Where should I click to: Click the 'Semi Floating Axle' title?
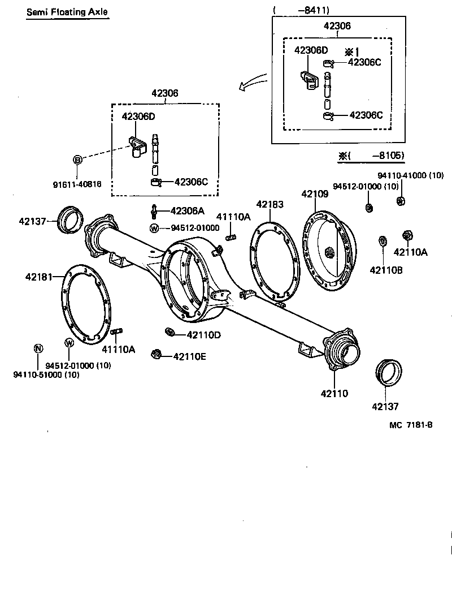click(x=66, y=12)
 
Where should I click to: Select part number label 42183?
click(x=270, y=204)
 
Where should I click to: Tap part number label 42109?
click(x=315, y=193)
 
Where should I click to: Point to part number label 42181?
click(x=38, y=277)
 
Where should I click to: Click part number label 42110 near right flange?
click(x=336, y=393)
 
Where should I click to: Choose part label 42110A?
click(x=411, y=252)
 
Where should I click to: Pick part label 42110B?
click(x=386, y=270)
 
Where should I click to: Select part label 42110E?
click(x=190, y=356)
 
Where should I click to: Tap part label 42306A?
click(x=187, y=210)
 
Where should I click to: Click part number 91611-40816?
click(x=78, y=183)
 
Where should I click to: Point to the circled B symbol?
click(x=77, y=160)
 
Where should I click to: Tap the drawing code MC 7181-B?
click(x=410, y=425)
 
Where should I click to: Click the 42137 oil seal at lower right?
click(x=388, y=373)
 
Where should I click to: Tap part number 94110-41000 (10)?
click(x=411, y=175)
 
